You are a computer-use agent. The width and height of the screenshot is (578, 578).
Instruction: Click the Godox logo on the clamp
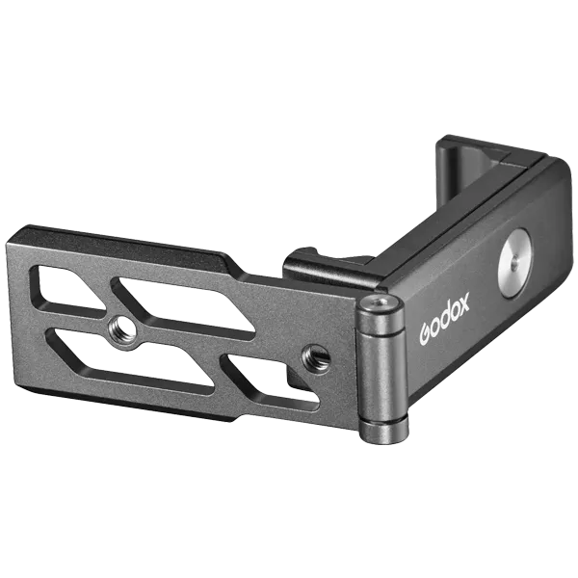coord(444,319)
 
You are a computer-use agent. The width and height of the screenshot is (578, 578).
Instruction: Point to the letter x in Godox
coord(463,302)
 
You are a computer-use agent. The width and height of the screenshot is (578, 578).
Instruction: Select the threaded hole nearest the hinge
coord(316,356)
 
